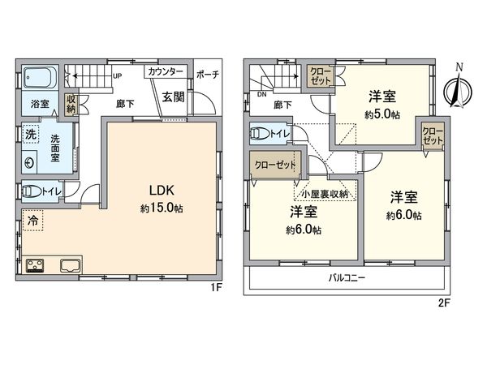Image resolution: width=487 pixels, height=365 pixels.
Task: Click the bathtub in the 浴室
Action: pyautogui.click(x=39, y=79)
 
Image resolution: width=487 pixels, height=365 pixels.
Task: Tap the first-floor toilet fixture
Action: pyautogui.click(x=36, y=192)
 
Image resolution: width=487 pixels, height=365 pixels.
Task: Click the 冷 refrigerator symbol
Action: pyautogui.click(x=32, y=219)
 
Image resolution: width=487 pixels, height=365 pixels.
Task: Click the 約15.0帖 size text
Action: pyautogui.click(x=160, y=208)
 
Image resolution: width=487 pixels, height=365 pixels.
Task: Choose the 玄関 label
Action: pyautogui.click(x=171, y=97)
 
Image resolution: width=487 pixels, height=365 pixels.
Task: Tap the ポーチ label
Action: pyautogui.click(x=209, y=72)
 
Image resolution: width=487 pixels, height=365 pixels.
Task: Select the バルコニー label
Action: pyautogui.click(x=346, y=277)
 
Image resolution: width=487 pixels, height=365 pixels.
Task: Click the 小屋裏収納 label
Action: pyautogui.click(x=323, y=194)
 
